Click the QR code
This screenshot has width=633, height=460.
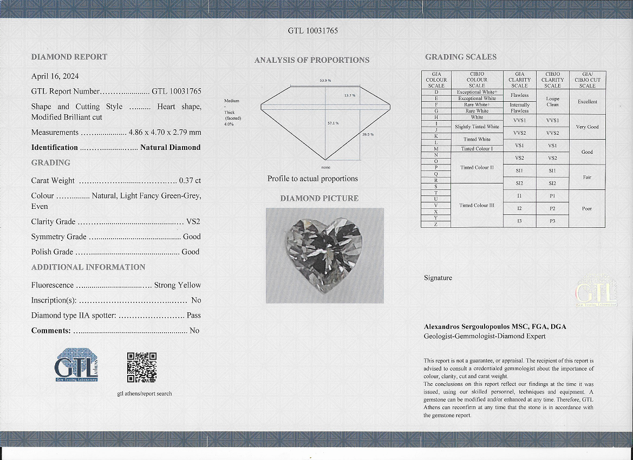(142, 367)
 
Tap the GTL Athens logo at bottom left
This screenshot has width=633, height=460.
(76, 365)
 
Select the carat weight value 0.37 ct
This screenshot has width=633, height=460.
(190, 181)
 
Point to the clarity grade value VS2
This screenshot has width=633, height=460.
(193, 221)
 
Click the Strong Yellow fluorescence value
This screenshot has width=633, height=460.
(177, 285)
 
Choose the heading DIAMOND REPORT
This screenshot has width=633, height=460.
(69, 57)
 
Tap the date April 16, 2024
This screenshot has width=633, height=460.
(55, 76)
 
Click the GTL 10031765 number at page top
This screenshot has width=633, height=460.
(313, 31)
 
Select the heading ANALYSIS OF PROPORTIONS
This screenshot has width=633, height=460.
(312, 60)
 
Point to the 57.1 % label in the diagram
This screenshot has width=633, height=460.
(333, 123)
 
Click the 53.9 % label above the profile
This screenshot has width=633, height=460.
(325, 81)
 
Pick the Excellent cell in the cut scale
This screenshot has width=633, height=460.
(587, 102)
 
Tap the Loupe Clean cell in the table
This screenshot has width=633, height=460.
(552, 102)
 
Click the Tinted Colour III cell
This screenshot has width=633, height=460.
(477, 206)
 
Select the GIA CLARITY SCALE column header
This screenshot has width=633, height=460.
(519, 80)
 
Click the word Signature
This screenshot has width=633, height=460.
(438, 278)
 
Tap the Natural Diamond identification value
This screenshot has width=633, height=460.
(170, 147)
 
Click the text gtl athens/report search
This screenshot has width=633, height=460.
(145, 393)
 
